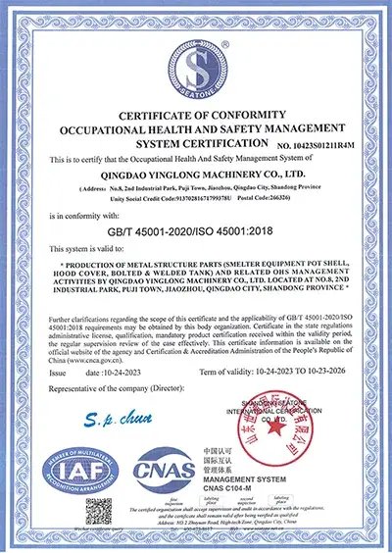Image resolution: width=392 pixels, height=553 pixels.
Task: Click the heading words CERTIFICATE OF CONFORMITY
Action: (195, 116)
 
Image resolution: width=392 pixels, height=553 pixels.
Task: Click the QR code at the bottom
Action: (99, 513)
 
